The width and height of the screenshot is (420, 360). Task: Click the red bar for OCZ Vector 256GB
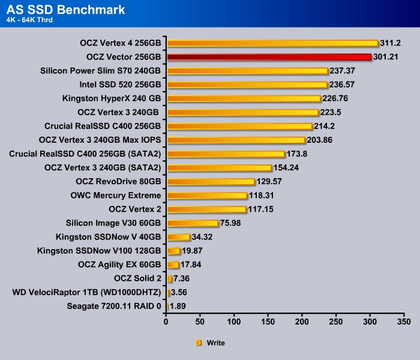269,57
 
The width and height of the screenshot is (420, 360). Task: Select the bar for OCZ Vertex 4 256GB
272,43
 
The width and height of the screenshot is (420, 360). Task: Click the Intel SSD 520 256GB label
120,85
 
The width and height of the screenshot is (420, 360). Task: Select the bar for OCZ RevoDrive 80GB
211,181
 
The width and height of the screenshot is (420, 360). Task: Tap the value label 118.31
263,195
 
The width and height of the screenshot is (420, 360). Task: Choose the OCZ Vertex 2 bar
206,209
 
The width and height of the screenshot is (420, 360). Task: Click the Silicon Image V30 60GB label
116,223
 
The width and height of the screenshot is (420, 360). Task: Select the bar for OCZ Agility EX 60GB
173,264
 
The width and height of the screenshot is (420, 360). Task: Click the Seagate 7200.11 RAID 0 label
115,306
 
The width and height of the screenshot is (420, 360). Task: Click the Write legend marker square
199,343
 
